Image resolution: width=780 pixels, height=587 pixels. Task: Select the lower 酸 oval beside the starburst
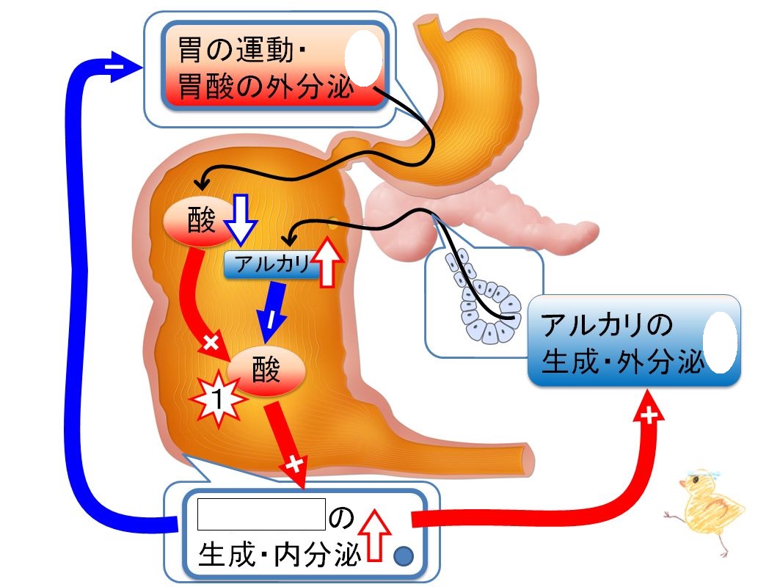[x=266, y=371]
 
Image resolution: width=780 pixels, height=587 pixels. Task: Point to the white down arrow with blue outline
[x=241, y=219]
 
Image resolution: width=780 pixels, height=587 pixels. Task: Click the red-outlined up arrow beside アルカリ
[x=327, y=262]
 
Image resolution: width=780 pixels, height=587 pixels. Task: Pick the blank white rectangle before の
[x=262, y=514]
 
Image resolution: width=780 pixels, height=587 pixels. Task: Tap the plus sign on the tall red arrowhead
[x=649, y=415]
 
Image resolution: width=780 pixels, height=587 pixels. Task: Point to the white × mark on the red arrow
[x=211, y=342]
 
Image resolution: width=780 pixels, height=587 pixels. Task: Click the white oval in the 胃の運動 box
[x=364, y=58]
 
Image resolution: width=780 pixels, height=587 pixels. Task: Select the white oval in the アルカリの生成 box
[x=721, y=342]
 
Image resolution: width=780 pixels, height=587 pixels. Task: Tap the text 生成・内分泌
[x=279, y=554]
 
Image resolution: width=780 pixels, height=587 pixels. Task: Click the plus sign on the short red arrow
[x=295, y=464]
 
